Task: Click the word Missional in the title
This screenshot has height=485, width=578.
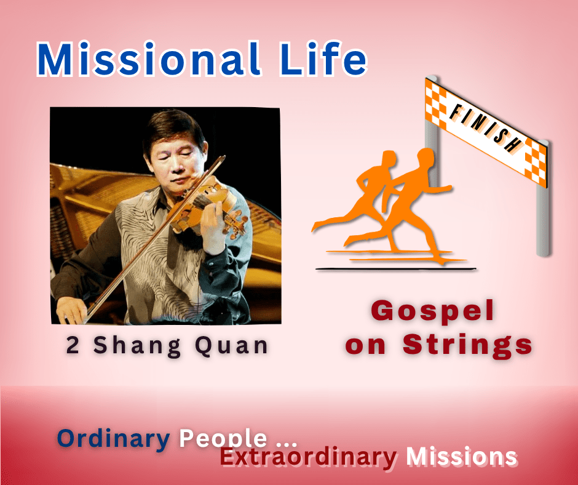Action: point(148,58)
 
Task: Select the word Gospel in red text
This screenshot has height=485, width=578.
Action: point(432,311)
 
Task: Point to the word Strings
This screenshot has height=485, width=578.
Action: point(467,345)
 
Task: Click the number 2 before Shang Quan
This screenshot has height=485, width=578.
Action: point(73,345)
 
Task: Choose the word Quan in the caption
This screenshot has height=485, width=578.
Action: point(231,347)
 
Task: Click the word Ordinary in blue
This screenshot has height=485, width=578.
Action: point(113,439)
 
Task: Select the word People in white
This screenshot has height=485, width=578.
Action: point(223,438)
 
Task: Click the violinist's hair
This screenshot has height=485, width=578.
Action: point(173,129)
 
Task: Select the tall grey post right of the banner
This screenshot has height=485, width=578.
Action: point(542,199)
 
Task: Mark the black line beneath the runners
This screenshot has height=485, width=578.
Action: point(396,269)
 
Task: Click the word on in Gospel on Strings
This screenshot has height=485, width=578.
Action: point(365,346)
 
